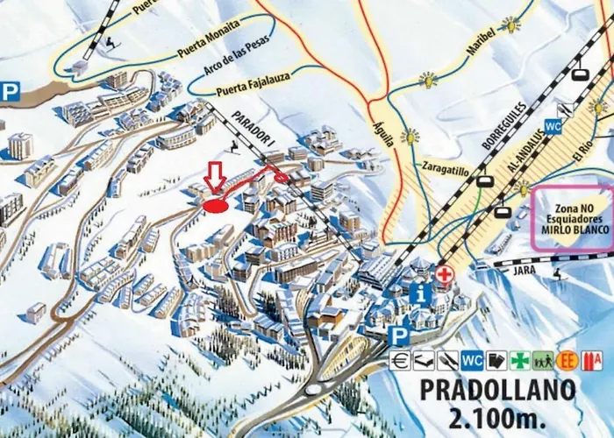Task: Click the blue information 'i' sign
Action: pyautogui.click(x=422, y=295)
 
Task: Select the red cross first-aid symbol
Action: pyautogui.click(x=446, y=275)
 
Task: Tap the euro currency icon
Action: pyautogui.click(x=400, y=359)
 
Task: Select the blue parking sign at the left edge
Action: pyautogui.click(x=10, y=92)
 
